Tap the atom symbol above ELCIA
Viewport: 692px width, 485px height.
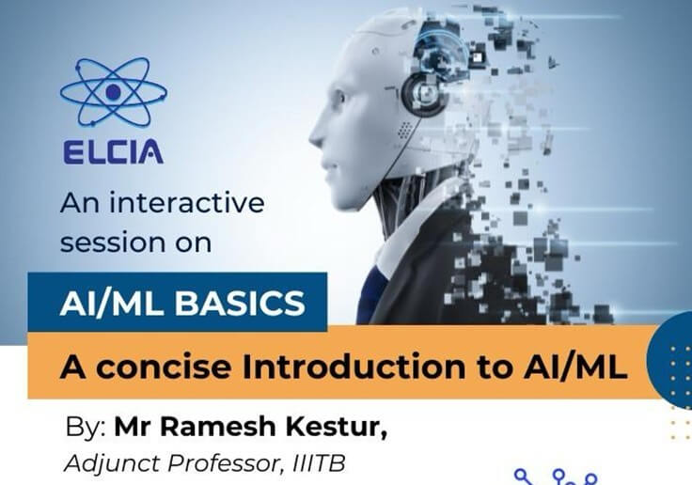114,92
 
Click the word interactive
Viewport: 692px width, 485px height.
187,203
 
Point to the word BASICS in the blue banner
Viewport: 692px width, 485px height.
240,304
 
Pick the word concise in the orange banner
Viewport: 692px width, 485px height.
164,367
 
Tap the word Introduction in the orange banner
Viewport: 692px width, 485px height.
354,367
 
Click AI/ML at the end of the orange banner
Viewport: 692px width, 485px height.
575,367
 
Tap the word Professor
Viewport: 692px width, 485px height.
225,463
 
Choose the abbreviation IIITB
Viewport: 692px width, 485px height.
319,463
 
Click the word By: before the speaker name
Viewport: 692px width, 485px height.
86,427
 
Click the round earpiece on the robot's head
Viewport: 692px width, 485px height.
423,94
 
